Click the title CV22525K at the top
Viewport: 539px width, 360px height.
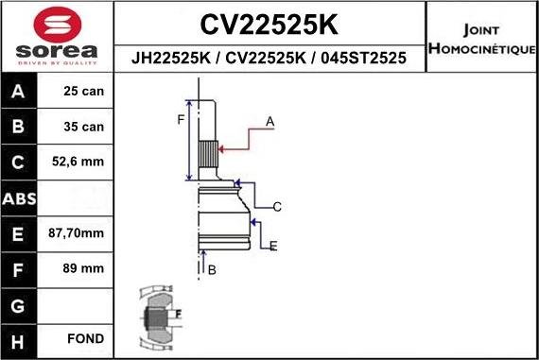[x=269, y=23]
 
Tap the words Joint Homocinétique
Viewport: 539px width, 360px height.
[x=481, y=39]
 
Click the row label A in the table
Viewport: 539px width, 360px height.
[x=20, y=93]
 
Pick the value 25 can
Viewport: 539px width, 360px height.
[x=85, y=93]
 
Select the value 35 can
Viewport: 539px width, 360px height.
[x=85, y=127]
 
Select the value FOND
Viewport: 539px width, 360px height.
[x=85, y=338]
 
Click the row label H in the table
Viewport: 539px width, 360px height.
[x=20, y=338]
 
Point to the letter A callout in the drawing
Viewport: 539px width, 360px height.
[x=269, y=121]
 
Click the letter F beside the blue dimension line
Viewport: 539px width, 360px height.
[x=181, y=118]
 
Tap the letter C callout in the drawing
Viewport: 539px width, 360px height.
[x=277, y=206]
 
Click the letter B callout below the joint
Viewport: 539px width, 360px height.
[x=212, y=270]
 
